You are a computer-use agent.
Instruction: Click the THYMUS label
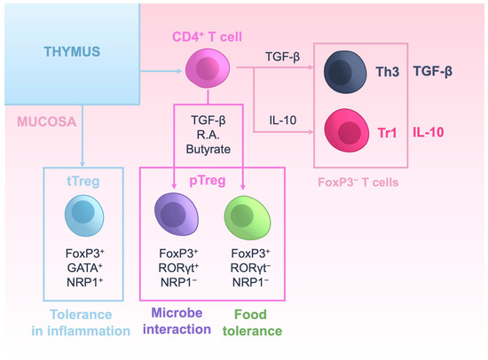(73, 52)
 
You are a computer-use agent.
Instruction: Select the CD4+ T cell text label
(208, 39)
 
